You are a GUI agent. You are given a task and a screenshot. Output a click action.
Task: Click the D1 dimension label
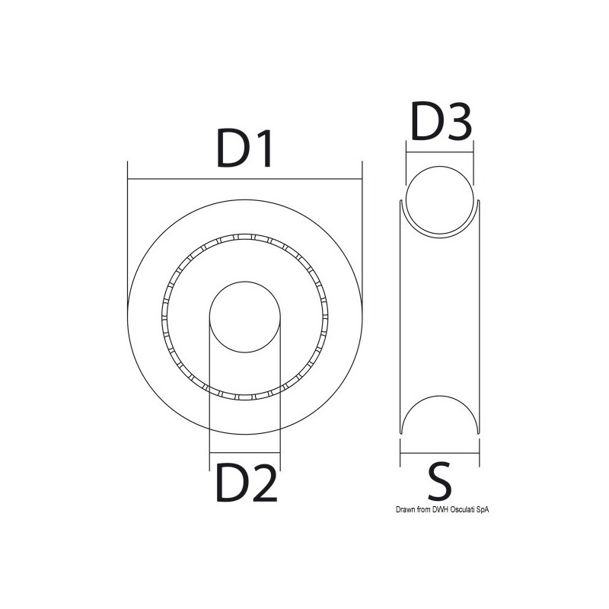[245, 149]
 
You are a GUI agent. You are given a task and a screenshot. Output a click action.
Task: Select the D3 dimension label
[441, 122]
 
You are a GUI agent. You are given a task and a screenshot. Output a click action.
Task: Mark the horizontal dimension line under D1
[245, 180]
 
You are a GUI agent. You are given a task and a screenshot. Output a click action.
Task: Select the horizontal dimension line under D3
[440, 152]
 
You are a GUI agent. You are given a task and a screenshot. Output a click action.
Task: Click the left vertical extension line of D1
[128, 228]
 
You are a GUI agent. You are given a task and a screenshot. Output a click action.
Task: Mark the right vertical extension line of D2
[281, 396]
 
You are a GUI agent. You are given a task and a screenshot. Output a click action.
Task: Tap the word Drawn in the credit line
[385, 511]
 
